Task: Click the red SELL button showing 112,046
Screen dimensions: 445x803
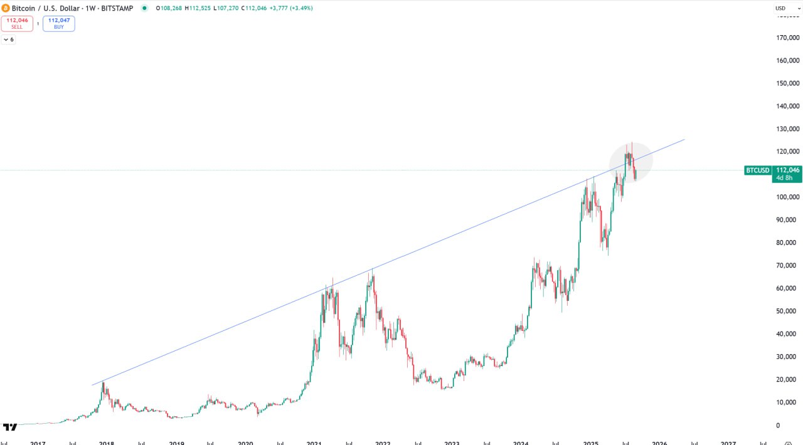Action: pos(17,23)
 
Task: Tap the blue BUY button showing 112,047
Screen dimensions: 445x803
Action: pos(59,23)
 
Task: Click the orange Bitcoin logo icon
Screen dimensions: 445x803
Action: pos(6,8)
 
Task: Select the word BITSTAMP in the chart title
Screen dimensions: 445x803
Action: pos(116,8)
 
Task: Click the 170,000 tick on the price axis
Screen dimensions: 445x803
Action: pos(787,38)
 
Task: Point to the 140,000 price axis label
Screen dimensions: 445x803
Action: pos(787,106)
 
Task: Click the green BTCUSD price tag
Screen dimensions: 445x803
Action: pos(757,170)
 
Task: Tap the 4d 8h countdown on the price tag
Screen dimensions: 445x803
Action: pos(785,178)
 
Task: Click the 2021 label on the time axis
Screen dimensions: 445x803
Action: pos(314,442)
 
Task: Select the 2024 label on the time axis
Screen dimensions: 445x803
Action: pos(521,442)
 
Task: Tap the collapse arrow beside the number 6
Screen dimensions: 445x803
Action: pos(6,39)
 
